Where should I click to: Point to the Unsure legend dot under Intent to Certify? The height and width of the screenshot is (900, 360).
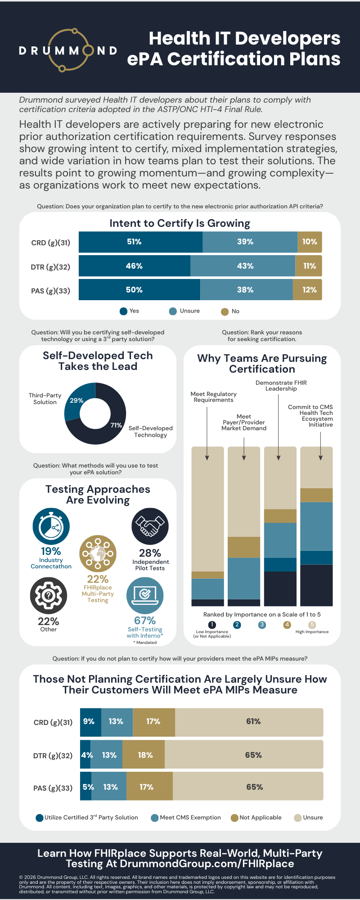pyautogui.click(x=173, y=311)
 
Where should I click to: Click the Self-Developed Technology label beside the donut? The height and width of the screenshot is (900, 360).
pyautogui.click(x=150, y=432)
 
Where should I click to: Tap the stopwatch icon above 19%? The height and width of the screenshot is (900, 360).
pyautogui.click(x=51, y=526)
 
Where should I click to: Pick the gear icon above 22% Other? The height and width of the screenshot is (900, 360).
pyautogui.click(x=49, y=596)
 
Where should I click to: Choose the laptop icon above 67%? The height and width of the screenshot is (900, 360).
pyautogui.click(x=145, y=596)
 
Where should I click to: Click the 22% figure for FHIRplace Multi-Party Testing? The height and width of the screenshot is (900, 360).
pyautogui.click(x=98, y=579)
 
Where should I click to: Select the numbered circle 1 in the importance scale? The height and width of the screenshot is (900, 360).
pyautogui.click(x=212, y=625)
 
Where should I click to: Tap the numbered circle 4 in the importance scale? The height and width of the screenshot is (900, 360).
pyautogui.click(x=287, y=625)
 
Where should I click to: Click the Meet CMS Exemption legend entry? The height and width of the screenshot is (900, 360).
pyautogui.click(x=186, y=818)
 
